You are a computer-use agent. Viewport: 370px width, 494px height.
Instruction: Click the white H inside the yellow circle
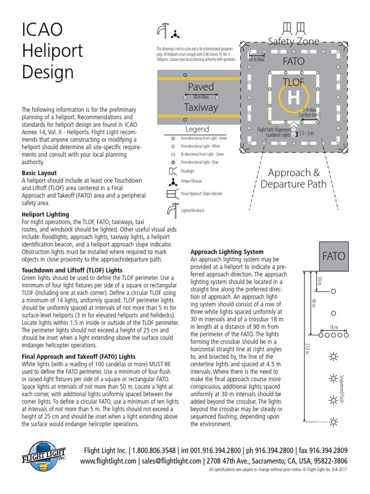coord(293,98)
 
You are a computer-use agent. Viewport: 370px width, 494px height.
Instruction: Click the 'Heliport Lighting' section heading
coord(45,214)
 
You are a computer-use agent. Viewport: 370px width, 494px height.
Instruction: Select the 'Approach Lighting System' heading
coord(227,252)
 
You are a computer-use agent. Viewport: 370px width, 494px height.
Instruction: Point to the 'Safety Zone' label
coord(293,41)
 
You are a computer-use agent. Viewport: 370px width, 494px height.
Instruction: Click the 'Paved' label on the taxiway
coord(200,87)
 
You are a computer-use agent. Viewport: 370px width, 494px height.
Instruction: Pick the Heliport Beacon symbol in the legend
coord(172,182)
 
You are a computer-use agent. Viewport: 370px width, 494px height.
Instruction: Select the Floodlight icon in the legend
coord(172,171)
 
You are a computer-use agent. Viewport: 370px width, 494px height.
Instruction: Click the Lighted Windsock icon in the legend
coord(172,210)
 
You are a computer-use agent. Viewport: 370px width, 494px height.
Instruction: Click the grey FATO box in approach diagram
coord(333,256)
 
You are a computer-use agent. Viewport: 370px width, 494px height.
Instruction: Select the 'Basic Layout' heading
coord(39,173)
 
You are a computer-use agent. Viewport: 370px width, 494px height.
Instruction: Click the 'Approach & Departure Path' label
coord(293,178)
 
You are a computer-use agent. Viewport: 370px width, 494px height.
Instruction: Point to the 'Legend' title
coord(197,129)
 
